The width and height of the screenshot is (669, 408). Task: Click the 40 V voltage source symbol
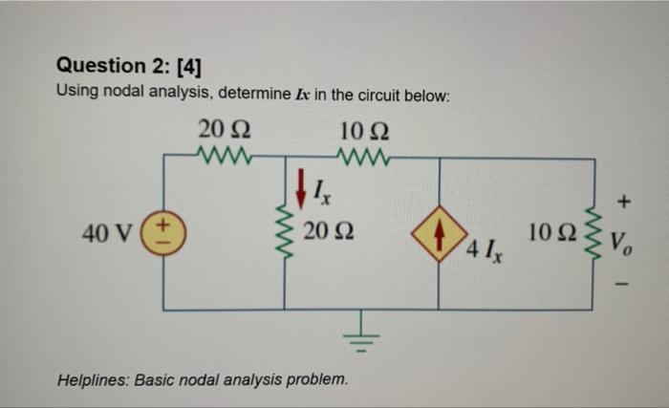(163, 232)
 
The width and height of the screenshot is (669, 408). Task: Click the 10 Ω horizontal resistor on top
(363, 154)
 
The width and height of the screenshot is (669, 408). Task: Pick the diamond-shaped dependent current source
(439, 232)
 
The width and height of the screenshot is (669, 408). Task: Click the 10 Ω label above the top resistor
(363, 128)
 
